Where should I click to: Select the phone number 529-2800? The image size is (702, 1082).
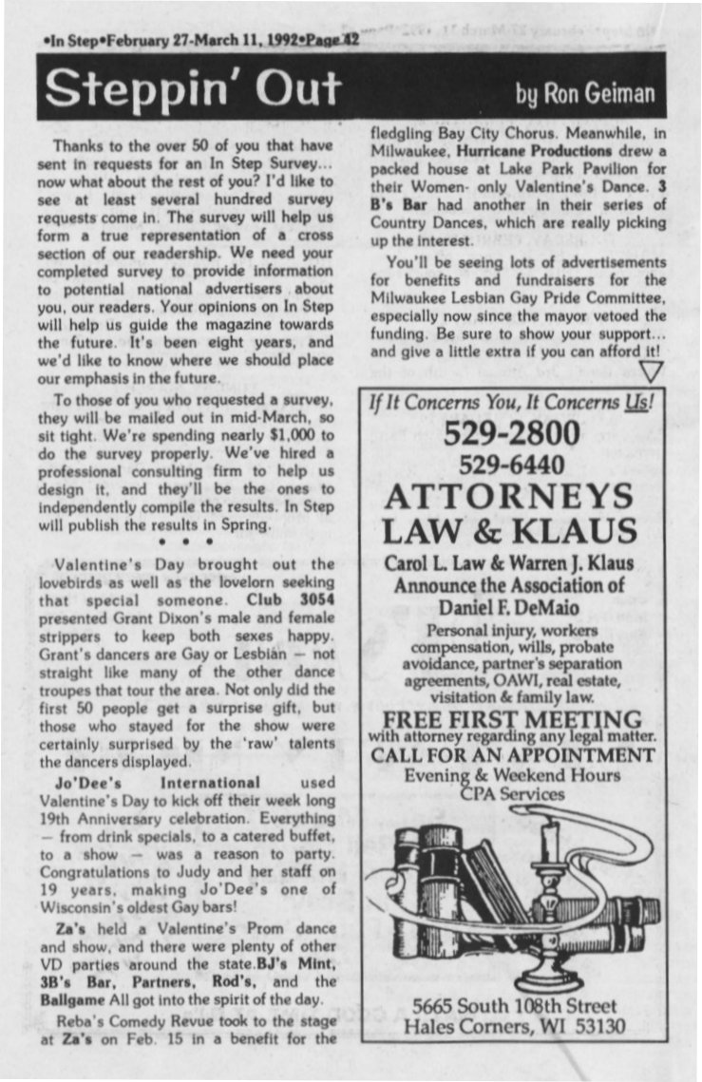(510, 433)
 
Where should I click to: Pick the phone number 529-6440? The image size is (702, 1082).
(510, 465)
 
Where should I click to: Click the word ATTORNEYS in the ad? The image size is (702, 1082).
(510, 498)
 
